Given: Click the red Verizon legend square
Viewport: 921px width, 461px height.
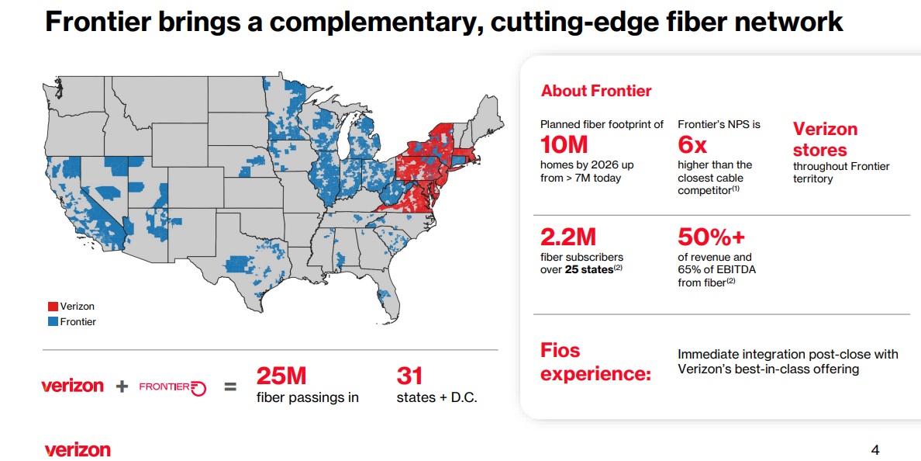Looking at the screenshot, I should (x=53, y=307).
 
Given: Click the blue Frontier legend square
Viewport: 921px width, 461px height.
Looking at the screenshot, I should (x=53, y=321).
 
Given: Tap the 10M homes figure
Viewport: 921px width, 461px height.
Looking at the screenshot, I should (x=564, y=144).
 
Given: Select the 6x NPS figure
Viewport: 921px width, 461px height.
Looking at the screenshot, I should (x=692, y=144).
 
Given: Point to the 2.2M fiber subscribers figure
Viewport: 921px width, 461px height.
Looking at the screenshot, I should (x=568, y=236).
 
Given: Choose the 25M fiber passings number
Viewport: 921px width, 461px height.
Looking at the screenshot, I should (x=281, y=376).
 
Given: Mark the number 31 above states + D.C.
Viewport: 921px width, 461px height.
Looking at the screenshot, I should (x=409, y=376).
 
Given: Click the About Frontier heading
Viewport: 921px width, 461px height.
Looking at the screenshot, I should (x=596, y=91).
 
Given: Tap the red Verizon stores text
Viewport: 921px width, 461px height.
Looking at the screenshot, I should (x=825, y=140).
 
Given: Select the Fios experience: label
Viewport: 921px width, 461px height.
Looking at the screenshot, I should (x=595, y=362).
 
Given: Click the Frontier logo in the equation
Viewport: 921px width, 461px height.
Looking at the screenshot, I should (x=172, y=386).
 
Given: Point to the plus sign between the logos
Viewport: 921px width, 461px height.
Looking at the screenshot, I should (x=122, y=386).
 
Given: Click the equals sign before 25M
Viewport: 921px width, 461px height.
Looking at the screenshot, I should (x=230, y=386).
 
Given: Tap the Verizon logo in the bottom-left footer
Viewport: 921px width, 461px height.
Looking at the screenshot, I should (x=78, y=449).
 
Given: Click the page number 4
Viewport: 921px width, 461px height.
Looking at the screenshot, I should (x=875, y=450).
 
